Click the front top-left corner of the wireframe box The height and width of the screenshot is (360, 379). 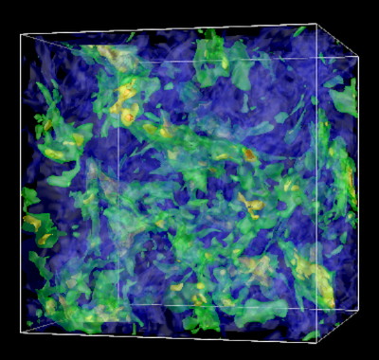pyautogui.click(x=21, y=36)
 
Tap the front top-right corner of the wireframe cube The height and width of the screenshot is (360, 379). pyautogui.click(x=316, y=24)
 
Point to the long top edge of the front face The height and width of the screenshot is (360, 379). pyautogui.click(x=171, y=30)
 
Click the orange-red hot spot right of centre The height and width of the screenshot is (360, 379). pyautogui.click(x=248, y=153)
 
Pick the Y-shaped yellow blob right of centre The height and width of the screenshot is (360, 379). pyautogui.click(x=251, y=203)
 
